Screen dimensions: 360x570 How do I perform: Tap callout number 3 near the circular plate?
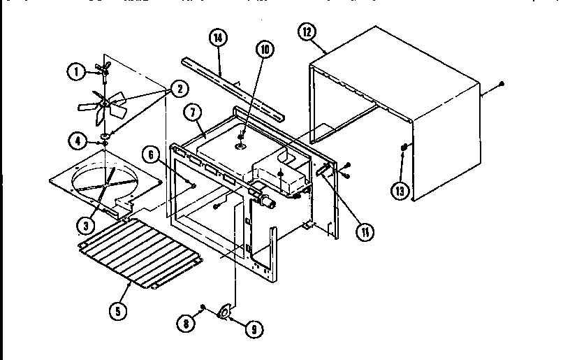pos(86,224)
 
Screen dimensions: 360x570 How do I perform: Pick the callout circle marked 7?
pos(193,113)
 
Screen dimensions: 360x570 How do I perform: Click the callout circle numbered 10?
pos(264,50)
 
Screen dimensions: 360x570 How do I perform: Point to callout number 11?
pos(363,231)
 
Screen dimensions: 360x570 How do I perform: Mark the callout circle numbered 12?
pos(307,32)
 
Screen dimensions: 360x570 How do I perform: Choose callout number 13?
pos(399,192)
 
